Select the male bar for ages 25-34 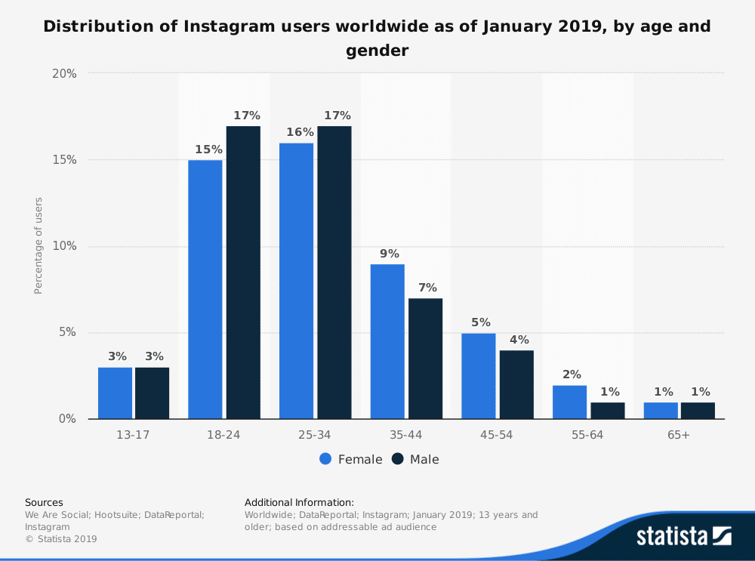coord(334,273)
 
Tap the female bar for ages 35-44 coord(387,341)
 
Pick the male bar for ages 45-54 coord(516,384)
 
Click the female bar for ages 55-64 coord(569,402)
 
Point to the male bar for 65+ coord(698,411)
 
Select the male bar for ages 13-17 coord(152,393)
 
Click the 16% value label coord(300,131)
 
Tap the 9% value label coord(390,253)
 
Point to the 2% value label coord(571,374)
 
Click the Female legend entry coord(351,459)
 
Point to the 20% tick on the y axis coord(64,74)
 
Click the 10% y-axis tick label coord(64,246)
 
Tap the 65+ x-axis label coord(678,436)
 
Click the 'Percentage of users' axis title coord(39,246)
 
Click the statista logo coord(683,536)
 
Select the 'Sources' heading coord(44,502)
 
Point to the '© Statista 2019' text coord(61,538)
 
